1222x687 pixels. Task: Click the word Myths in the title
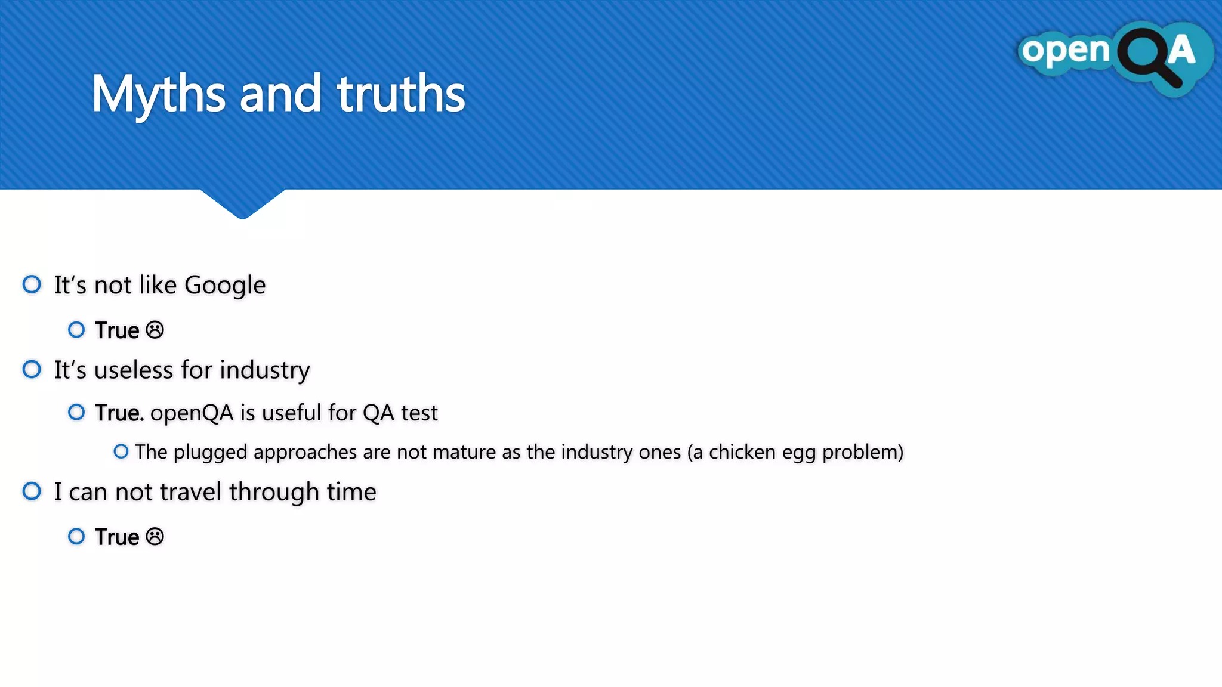pos(159,94)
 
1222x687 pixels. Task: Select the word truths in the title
pos(400,94)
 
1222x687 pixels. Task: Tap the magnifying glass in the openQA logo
pos(1149,57)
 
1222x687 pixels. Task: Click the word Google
pos(225,286)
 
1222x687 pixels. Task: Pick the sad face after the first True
pos(155,330)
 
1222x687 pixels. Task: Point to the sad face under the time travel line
pos(155,537)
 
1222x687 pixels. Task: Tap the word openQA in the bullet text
pos(192,413)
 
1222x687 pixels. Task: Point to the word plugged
pos(210,453)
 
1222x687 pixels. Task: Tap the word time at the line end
pos(351,492)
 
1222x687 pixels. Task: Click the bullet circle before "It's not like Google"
pos(32,284)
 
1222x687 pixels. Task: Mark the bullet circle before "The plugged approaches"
pos(121,451)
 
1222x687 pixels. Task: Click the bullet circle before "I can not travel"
pos(32,491)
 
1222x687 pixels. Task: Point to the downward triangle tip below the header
pos(242,215)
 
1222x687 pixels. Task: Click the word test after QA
pos(419,413)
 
